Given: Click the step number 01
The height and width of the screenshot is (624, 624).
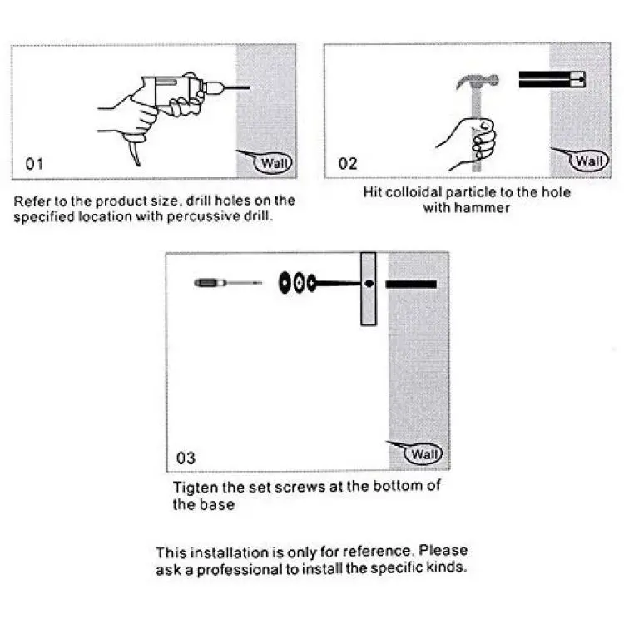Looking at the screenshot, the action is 34,164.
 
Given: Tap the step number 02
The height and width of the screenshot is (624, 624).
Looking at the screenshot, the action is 348,164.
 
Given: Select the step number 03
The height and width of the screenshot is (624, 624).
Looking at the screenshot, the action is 186,458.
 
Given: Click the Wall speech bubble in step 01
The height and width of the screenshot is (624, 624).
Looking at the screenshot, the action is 273,163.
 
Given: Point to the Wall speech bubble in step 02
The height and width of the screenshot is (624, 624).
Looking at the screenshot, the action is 588,161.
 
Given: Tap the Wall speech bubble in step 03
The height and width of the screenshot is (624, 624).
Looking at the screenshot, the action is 423,454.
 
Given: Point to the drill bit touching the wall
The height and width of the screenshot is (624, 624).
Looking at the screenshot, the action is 236,87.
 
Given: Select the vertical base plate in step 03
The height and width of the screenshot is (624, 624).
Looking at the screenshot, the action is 369,289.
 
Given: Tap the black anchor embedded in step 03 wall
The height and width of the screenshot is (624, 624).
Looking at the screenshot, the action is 411,285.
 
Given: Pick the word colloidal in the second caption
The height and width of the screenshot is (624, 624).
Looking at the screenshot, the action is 414,192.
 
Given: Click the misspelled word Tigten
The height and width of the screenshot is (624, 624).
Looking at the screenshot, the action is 196,488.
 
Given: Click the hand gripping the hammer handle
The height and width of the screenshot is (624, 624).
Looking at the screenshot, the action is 473,143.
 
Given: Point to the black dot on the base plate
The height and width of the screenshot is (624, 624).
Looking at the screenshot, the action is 369,284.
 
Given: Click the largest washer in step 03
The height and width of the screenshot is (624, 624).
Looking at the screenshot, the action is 285,283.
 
